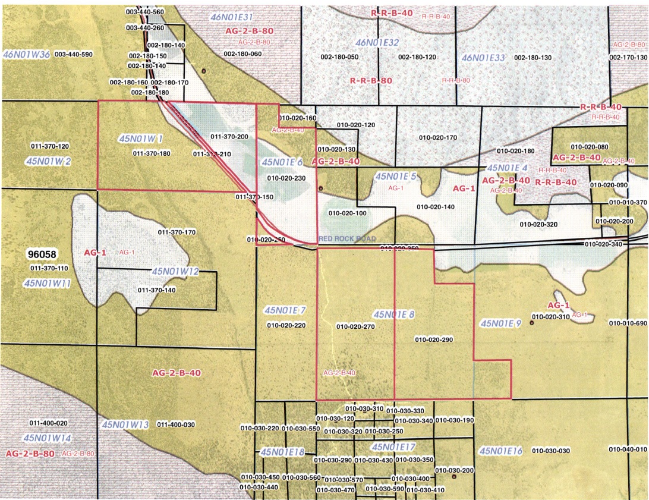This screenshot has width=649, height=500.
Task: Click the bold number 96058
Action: (x=42, y=254)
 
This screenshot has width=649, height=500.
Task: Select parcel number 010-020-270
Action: (x=355, y=326)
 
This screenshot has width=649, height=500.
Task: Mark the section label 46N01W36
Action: (x=26, y=54)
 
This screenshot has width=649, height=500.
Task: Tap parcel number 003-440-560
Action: (x=146, y=12)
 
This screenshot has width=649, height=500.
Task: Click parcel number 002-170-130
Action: (x=629, y=57)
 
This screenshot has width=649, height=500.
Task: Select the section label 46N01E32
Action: (x=377, y=42)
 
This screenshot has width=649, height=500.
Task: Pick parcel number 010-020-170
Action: (x=438, y=137)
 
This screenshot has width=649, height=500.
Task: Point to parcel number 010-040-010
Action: (x=628, y=449)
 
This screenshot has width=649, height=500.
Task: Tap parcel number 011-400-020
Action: (x=49, y=423)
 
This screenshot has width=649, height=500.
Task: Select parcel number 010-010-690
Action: (x=628, y=323)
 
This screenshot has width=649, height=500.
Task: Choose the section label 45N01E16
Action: (x=500, y=451)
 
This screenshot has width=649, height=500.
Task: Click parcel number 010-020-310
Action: (x=551, y=317)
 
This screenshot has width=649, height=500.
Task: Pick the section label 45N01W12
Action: (x=175, y=271)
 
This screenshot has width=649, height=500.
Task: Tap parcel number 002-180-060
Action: (x=242, y=54)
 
